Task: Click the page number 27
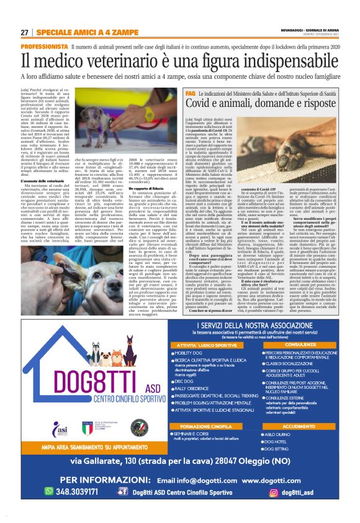[25, 32]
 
